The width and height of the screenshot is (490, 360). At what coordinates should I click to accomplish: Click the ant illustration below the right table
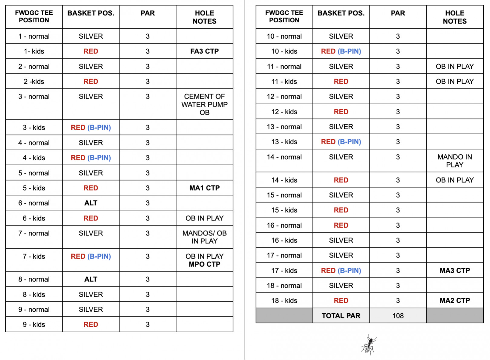tap(369, 344)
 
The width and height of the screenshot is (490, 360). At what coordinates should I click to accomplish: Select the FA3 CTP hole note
tap(204, 51)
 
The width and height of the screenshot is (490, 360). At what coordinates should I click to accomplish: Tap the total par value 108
tap(398, 316)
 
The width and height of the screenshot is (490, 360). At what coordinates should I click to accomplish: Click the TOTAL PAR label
tap(341, 316)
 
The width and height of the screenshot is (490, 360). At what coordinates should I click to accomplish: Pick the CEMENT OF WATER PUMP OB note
tap(204, 105)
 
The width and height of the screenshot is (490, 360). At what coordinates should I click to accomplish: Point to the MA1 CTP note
tap(204, 188)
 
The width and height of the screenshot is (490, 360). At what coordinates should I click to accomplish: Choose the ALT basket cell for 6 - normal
tap(91, 203)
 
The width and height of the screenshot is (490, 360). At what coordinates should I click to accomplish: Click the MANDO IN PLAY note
tap(455, 161)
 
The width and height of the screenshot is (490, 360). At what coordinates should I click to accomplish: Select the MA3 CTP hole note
tap(455, 271)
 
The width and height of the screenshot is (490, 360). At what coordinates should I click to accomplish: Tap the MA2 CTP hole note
tap(455, 301)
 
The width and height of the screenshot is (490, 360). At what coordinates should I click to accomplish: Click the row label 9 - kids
tap(34, 325)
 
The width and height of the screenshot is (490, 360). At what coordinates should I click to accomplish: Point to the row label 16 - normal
tap(284, 225)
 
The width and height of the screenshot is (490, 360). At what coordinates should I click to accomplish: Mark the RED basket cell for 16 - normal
tap(341, 225)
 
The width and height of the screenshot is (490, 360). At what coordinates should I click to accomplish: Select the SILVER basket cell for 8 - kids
tap(91, 294)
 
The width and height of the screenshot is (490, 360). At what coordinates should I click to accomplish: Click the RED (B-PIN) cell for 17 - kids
tap(341, 271)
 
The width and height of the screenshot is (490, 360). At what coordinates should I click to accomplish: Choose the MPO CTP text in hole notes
tap(204, 264)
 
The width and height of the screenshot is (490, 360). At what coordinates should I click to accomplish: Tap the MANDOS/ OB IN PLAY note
tap(204, 237)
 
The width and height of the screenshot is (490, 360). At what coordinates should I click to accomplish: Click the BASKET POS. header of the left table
tap(91, 13)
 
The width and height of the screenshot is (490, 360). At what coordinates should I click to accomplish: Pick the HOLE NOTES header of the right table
tap(455, 17)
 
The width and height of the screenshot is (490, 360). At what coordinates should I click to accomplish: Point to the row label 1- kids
tap(34, 51)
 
